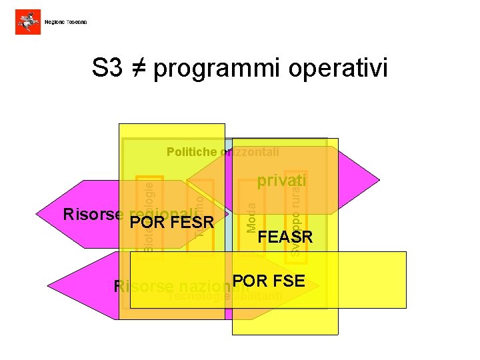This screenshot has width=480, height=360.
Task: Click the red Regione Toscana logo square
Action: click(27, 22)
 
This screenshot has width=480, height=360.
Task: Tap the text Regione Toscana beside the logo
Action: click(66, 23)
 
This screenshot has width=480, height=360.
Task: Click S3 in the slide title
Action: click(108, 69)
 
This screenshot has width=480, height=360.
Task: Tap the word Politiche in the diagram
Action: click(191, 152)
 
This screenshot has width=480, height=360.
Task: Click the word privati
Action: click(281, 181)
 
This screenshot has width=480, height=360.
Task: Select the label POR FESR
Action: click(171, 222)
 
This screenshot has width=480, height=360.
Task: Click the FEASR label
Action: click(285, 237)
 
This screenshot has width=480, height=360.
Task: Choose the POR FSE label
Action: click(269, 281)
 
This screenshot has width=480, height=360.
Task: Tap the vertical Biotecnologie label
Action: click(149, 213)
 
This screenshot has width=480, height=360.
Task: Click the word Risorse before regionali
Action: click(93, 215)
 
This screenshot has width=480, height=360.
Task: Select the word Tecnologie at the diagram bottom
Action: click(195, 297)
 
